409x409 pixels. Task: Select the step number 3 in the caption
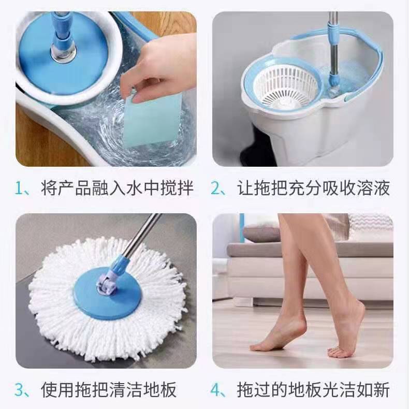click(x=21, y=389)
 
